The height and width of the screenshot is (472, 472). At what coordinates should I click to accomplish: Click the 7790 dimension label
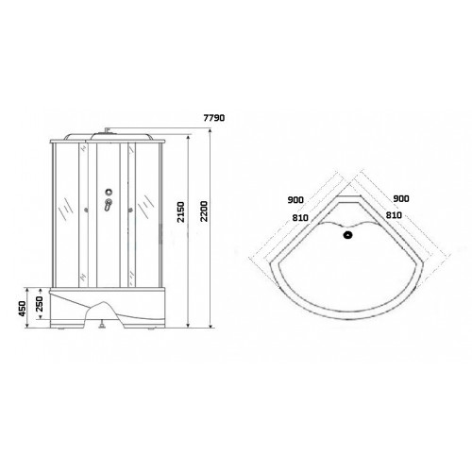click(214, 118)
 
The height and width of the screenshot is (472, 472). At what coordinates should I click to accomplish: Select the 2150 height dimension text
click(181, 212)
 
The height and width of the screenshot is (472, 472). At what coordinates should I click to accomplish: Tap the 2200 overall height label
click(204, 211)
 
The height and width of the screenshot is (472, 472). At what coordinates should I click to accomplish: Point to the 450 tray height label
click(22, 309)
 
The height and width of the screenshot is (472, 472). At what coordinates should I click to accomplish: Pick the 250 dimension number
click(40, 304)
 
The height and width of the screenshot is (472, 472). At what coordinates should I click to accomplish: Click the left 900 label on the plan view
click(295, 200)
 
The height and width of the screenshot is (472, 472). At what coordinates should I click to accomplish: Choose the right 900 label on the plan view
click(401, 198)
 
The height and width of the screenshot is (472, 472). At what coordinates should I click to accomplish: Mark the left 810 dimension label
click(300, 217)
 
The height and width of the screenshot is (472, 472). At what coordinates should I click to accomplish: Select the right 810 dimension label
click(394, 215)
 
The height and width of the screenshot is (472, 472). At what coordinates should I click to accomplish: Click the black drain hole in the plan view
click(348, 235)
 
